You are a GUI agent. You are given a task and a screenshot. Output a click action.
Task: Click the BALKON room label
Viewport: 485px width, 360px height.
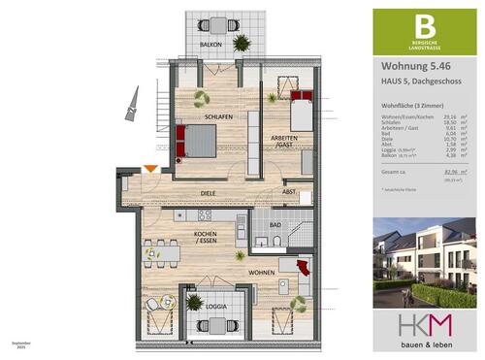coord(211,46)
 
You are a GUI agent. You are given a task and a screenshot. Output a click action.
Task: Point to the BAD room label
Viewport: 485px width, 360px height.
coord(275,224)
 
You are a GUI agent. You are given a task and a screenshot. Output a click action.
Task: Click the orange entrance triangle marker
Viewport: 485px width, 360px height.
coord(150,170)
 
